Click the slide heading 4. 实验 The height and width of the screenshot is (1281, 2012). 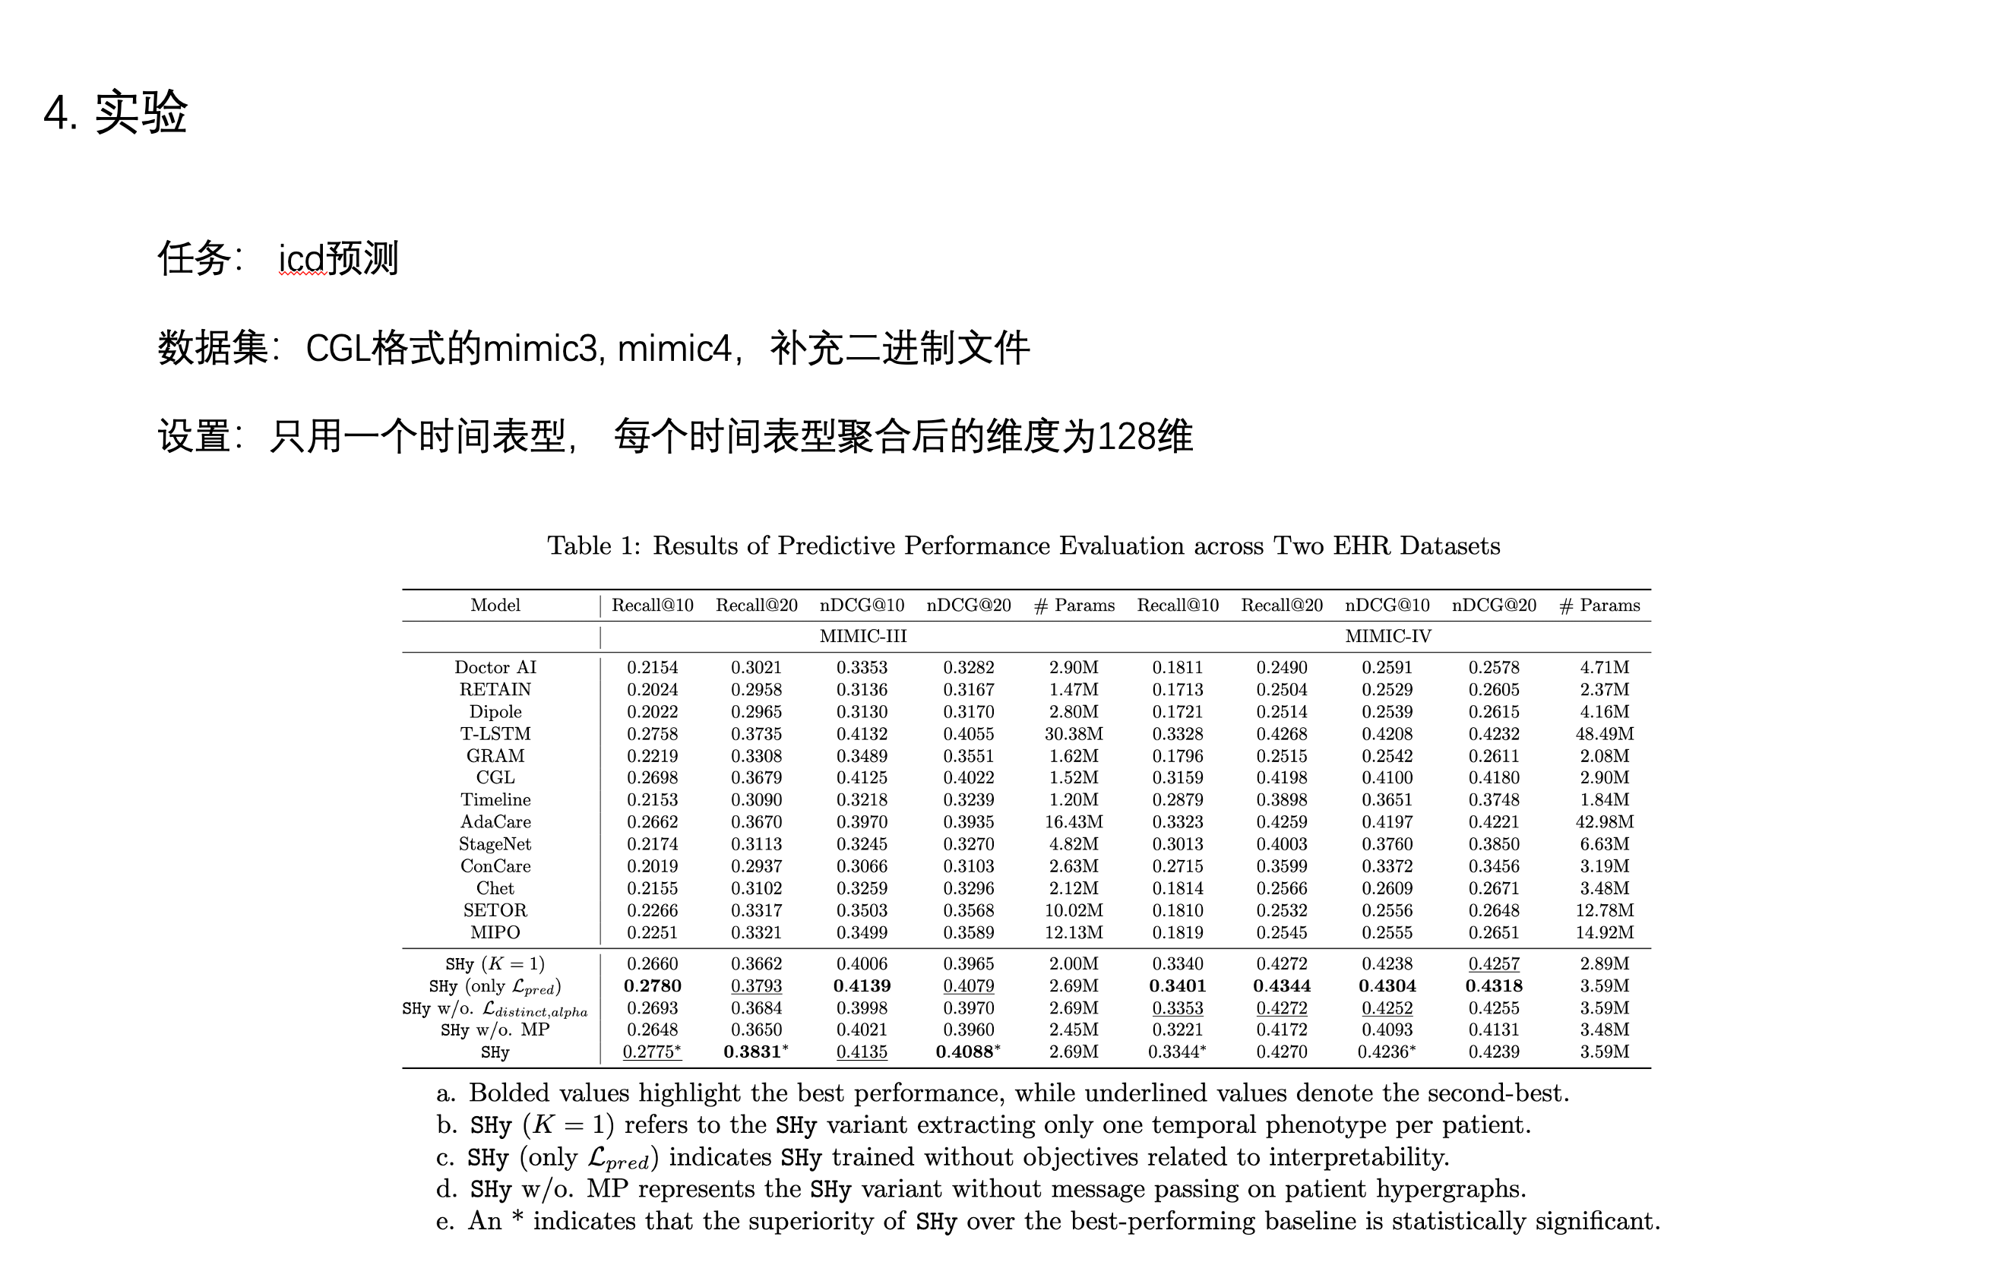(115, 112)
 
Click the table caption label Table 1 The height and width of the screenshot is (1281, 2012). (592, 546)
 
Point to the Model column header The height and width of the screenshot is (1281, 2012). (495, 605)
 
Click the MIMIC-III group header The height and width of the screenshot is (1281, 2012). (862, 636)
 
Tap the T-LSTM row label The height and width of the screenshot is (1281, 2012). (495, 734)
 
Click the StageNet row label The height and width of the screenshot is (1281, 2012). (495, 844)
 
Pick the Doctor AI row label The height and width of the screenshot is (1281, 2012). (495, 667)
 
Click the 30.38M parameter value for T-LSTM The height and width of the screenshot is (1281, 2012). (1073, 734)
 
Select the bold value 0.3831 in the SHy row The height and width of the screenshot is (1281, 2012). (752, 1052)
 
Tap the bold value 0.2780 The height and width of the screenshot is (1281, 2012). (652, 986)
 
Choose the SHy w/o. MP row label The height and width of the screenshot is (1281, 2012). (495, 1030)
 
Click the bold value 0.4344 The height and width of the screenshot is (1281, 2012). (1281, 986)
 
